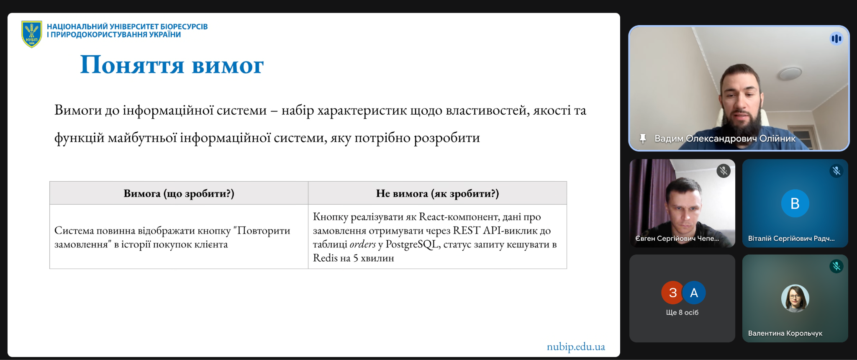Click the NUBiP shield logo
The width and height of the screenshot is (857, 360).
(x=32, y=34)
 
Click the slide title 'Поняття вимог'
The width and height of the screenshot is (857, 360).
(x=172, y=65)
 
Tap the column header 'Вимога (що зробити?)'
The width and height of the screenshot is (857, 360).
(x=179, y=193)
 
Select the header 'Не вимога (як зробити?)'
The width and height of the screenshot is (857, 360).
(x=437, y=193)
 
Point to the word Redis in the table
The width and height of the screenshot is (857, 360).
(x=325, y=258)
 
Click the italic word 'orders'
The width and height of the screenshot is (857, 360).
(x=363, y=244)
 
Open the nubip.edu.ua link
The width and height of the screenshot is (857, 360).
(x=576, y=347)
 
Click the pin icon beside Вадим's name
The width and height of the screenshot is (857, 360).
(x=643, y=139)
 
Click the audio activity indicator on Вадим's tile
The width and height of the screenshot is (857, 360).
(x=836, y=39)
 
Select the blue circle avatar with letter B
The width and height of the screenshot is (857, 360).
(x=795, y=203)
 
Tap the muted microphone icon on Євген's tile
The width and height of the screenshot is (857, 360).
(x=724, y=171)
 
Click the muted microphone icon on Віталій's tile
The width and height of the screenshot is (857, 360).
(x=836, y=171)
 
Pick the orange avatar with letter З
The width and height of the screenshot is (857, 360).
(x=672, y=293)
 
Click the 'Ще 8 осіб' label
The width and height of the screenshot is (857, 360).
(x=682, y=313)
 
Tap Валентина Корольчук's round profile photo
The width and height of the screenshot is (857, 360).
(x=795, y=298)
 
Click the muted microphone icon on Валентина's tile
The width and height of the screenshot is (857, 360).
(x=836, y=266)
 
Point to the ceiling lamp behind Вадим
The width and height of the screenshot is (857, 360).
(x=790, y=74)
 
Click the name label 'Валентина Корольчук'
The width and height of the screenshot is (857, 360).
(x=785, y=333)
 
